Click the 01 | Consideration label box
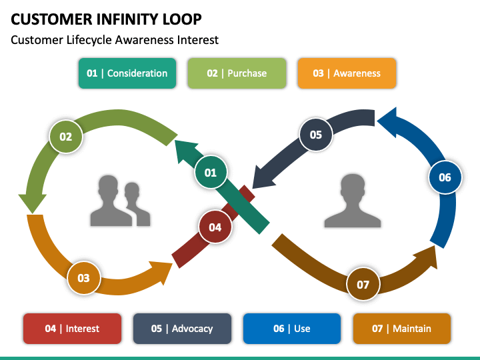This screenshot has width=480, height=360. (x=127, y=73)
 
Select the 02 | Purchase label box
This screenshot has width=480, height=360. (x=237, y=73)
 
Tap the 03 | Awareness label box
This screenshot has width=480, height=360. (x=347, y=73)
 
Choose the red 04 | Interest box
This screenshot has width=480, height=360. (x=72, y=329)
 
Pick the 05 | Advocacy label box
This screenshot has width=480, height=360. (x=182, y=329)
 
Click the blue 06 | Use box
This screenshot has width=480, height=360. (x=292, y=329)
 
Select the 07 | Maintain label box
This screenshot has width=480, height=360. (x=401, y=329)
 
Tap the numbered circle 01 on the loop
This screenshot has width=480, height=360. (x=211, y=173)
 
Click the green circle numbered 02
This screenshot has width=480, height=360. (x=66, y=137)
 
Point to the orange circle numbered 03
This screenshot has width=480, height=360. (x=83, y=278)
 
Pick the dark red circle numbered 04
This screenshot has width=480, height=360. (x=215, y=227)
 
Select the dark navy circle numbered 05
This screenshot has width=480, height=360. (x=315, y=135)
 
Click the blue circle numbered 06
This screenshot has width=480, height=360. (x=445, y=177)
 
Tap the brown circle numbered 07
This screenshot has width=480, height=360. (x=363, y=285)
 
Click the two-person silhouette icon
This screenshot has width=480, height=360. (x=120, y=201)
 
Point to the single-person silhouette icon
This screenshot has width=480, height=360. (x=353, y=201)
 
